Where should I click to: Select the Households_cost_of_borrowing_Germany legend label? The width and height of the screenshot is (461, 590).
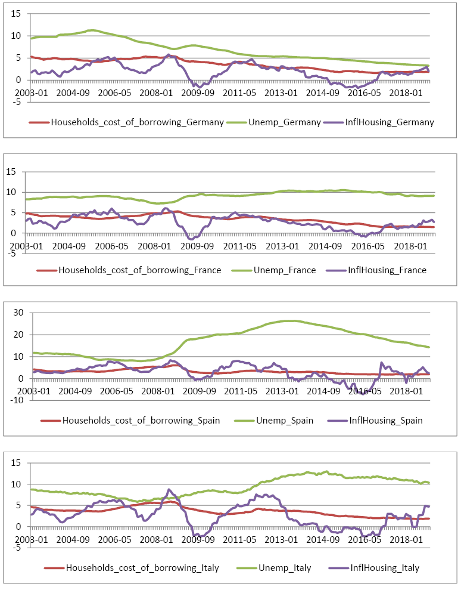coord(137,122)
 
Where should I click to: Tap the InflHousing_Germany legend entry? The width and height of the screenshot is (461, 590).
coord(389,122)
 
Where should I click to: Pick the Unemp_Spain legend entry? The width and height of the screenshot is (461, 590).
coord(289,421)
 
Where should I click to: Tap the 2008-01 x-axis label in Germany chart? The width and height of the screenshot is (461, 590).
coord(158,94)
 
